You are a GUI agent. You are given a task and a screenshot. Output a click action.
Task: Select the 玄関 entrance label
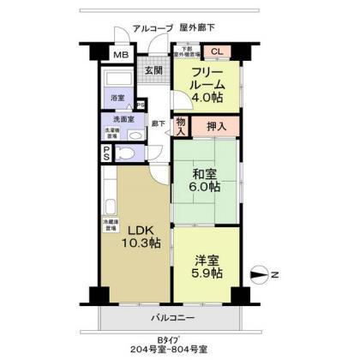(154, 70)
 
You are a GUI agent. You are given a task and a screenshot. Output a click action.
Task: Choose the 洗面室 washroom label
(118, 120)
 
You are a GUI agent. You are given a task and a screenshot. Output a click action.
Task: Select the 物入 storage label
(181, 127)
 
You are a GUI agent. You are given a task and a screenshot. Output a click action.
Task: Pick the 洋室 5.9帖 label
(206, 266)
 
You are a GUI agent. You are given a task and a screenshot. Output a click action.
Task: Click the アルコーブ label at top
(150, 29)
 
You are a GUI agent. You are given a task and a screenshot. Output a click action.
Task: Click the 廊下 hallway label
(158, 123)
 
